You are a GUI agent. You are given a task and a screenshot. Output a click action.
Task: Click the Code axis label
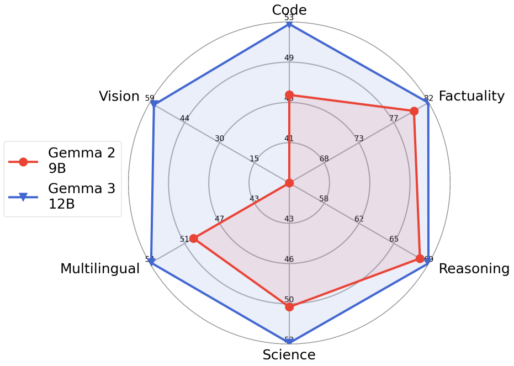click(x=289, y=9)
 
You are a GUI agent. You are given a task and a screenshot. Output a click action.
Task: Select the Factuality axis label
click(x=471, y=96)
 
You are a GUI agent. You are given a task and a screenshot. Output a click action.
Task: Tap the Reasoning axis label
click(x=474, y=269)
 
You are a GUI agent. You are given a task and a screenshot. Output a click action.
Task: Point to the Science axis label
click(x=289, y=355)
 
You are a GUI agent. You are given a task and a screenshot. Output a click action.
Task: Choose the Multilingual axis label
click(x=100, y=269)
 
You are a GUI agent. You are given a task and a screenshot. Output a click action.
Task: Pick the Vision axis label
click(x=119, y=97)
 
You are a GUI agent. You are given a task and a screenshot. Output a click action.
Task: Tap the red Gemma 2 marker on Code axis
click(x=289, y=96)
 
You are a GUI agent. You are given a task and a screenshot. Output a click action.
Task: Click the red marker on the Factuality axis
click(x=414, y=112)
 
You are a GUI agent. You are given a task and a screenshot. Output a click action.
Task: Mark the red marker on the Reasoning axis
click(x=420, y=258)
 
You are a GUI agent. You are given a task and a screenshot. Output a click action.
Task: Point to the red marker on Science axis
click(x=289, y=307)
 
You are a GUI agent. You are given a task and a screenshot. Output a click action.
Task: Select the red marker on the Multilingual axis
click(x=194, y=238)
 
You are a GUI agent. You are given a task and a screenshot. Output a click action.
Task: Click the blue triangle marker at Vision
click(x=155, y=104)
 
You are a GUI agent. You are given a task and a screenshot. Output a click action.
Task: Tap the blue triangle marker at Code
click(x=289, y=24)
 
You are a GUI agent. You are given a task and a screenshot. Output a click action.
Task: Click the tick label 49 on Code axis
click(x=289, y=58)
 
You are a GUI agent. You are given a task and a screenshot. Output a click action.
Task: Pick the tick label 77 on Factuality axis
click(x=394, y=118)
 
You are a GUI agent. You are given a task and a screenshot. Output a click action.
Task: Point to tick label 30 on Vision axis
click(x=220, y=139)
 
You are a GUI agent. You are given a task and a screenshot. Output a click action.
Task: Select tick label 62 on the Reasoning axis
click(x=359, y=219)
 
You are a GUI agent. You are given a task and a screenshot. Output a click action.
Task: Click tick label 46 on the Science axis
click(x=289, y=259)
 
